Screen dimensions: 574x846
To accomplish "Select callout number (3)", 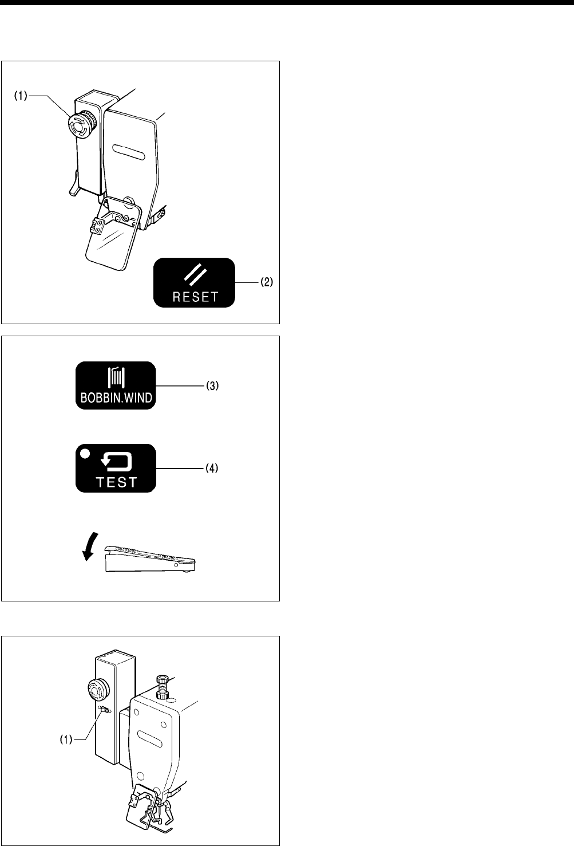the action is click(212, 386).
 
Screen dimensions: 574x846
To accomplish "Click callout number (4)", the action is click(212, 469).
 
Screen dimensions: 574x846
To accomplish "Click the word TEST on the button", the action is click(116, 482).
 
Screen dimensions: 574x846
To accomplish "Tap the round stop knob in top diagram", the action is click(77, 125).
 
